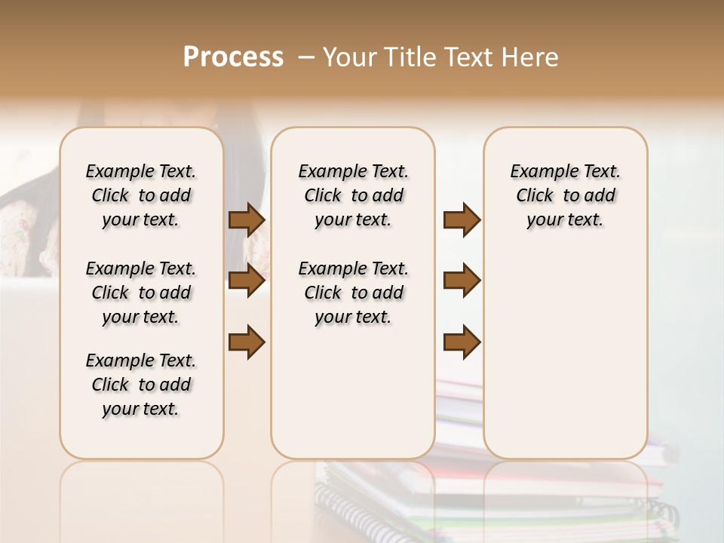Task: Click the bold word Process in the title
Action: coord(233,57)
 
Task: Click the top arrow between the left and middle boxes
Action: coord(247,219)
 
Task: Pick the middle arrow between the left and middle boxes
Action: coord(247,281)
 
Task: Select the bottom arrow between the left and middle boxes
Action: coord(247,342)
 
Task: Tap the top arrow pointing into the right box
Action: coord(462,219)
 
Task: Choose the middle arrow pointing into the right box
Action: coord(462,281)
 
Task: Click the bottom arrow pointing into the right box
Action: coord(462,342)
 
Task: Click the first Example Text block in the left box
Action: coord(141,195)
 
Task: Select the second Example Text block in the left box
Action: coord(141,293)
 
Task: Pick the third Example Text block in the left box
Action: coord(141,385)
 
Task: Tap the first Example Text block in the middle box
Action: coord(353,195)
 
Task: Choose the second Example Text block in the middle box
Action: coord(353,293)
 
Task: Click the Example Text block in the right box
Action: coord(565,195)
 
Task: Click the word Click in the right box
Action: coord(535,195)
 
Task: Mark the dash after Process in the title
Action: coord(306,57)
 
